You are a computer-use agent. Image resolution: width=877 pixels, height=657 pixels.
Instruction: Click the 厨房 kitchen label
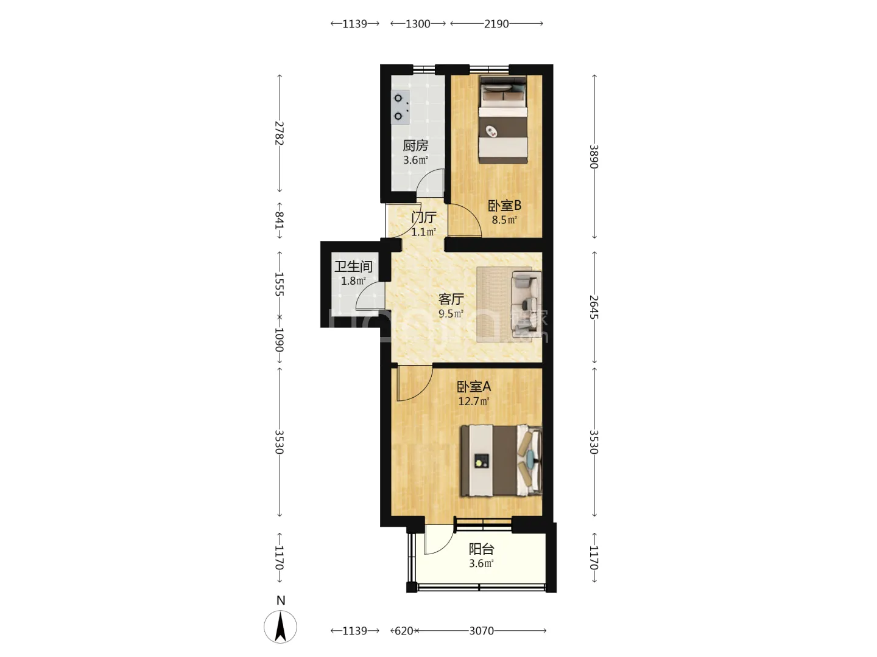(415, 145)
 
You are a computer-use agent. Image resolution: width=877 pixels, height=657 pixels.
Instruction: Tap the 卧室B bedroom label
(504, 206)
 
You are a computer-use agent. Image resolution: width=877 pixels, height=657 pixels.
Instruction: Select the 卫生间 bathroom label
(353, 266)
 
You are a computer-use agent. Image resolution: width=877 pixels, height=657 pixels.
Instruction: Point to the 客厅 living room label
(451, 299)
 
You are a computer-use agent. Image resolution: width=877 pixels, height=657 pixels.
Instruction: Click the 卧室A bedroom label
(474, 386)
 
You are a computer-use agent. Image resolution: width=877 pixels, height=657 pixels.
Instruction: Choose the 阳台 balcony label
(481, 549)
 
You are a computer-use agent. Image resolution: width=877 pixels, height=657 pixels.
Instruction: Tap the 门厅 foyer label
(423, 217)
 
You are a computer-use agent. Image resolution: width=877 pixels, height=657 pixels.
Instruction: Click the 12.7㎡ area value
(474, 401)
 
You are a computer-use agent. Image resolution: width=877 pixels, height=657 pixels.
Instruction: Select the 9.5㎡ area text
(451, 313)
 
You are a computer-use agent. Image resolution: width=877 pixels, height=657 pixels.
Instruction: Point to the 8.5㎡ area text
(504, 220)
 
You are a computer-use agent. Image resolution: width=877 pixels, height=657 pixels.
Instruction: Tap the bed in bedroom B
(503, 120)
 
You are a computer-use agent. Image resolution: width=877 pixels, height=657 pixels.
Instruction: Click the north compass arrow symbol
(281, 627)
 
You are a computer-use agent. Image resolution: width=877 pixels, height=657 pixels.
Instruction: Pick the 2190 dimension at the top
(496, 24)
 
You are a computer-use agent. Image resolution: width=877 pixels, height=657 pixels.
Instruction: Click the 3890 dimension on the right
(594, 157)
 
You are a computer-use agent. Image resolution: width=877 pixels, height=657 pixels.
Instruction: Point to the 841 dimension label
(280, 220)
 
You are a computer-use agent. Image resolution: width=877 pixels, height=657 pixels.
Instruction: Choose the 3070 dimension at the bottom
(482, 631)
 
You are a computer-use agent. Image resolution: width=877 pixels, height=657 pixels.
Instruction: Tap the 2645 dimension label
(594, 307)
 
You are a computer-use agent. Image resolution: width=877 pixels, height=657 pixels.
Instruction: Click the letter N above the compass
(281, 600)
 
